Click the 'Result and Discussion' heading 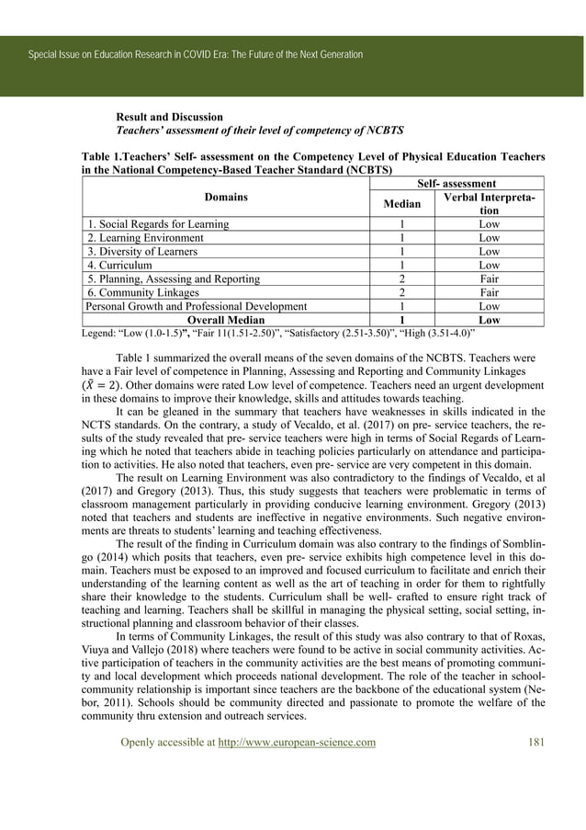[x=169, y=118]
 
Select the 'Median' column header [x=401, y=203]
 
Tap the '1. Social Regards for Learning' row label [x=158, y=223]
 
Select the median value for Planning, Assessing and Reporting [x=401, y=279]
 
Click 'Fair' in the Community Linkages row [x=489, y=292]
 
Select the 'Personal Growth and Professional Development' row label [x=196, y=306]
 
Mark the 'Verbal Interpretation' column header [x=489, y=203]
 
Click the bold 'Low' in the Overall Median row [x=489, y=320]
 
